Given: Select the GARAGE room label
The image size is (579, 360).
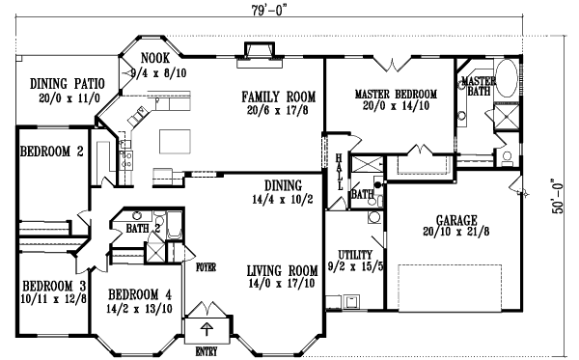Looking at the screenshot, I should (x=455, y=218).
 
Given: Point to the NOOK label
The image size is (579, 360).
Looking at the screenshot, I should (x=154, y=58).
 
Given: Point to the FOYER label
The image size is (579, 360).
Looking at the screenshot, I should (x=206, y=264).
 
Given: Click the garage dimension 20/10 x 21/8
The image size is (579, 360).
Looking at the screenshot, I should (x=455, y=232).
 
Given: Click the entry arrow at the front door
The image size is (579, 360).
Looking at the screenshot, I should (x=206, y=322).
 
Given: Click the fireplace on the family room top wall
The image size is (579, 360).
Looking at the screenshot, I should (x=259, y=50).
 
